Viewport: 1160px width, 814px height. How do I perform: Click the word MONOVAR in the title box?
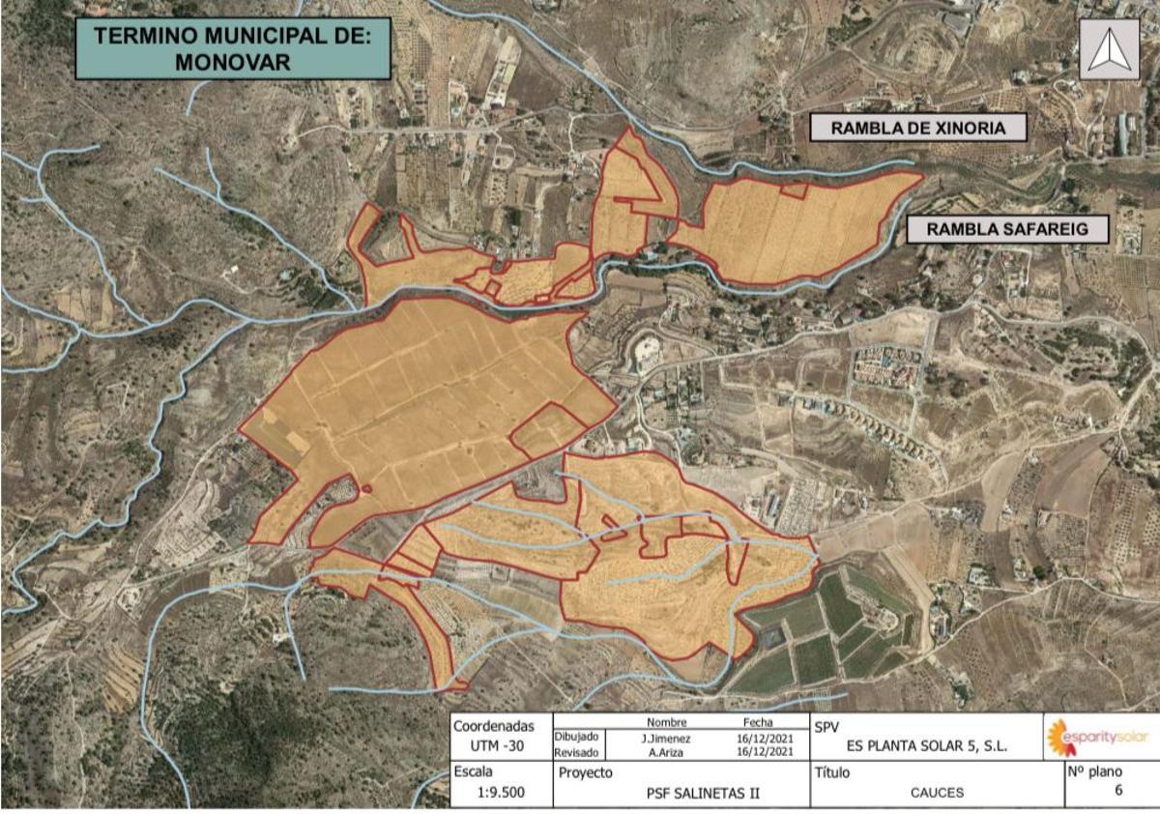coord(233,61)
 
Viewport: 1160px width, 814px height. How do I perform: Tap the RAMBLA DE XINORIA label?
coord(917,128)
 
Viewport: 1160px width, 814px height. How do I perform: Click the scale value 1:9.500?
coord(502,792)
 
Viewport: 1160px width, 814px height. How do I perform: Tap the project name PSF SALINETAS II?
coord(703,794)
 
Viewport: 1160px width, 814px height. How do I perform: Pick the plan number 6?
coord(1118,790)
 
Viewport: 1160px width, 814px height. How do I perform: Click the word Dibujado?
coord(577,738)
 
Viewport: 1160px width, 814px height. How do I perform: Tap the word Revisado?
coord(577,752)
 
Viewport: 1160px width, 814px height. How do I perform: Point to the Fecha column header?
coord(758,722)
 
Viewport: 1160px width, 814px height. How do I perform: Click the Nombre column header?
coord(666,722)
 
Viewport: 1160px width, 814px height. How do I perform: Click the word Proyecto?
coord(586,773)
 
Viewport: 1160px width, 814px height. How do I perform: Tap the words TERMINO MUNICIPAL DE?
coord(233,37)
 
